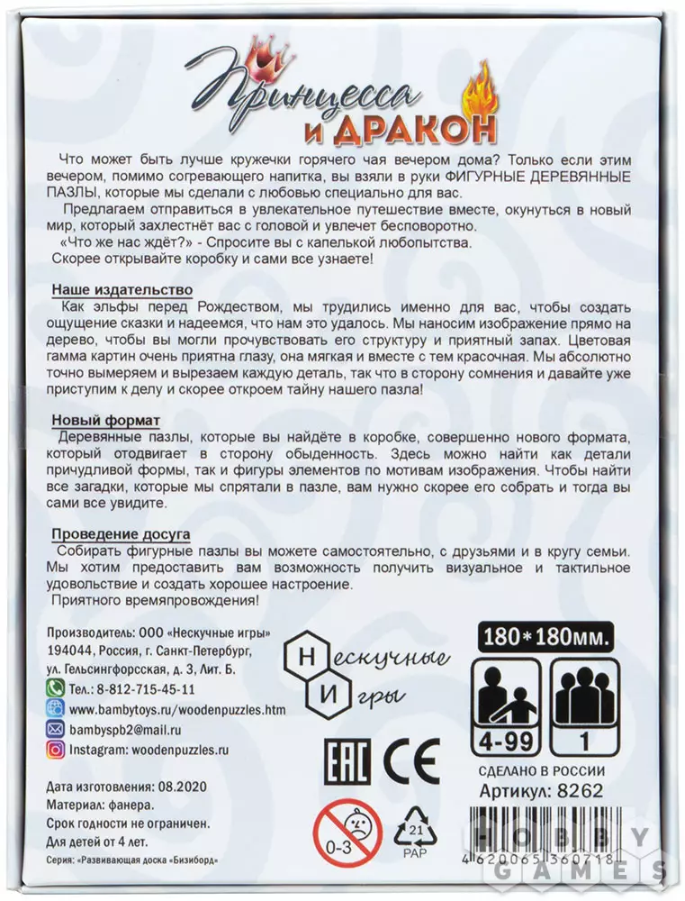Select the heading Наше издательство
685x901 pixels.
122,289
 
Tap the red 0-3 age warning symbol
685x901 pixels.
347,838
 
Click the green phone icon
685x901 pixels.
54,688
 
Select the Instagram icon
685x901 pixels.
54,749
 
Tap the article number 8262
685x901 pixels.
581,790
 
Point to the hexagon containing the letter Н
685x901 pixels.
304,654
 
